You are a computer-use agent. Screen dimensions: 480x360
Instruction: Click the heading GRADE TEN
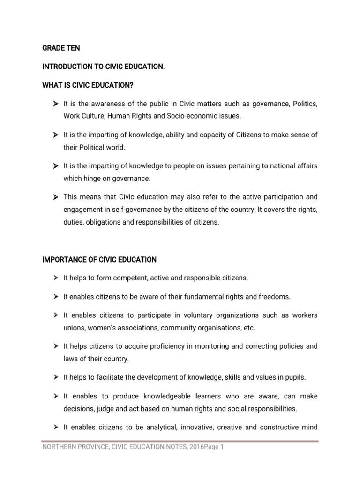pyautogui.click(x=61, y=48)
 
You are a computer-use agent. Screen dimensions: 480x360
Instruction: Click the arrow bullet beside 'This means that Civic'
pyautogui.click(x=55, y=197)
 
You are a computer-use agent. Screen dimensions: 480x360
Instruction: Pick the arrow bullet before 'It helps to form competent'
pyautogui.click(x=55, y=278)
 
